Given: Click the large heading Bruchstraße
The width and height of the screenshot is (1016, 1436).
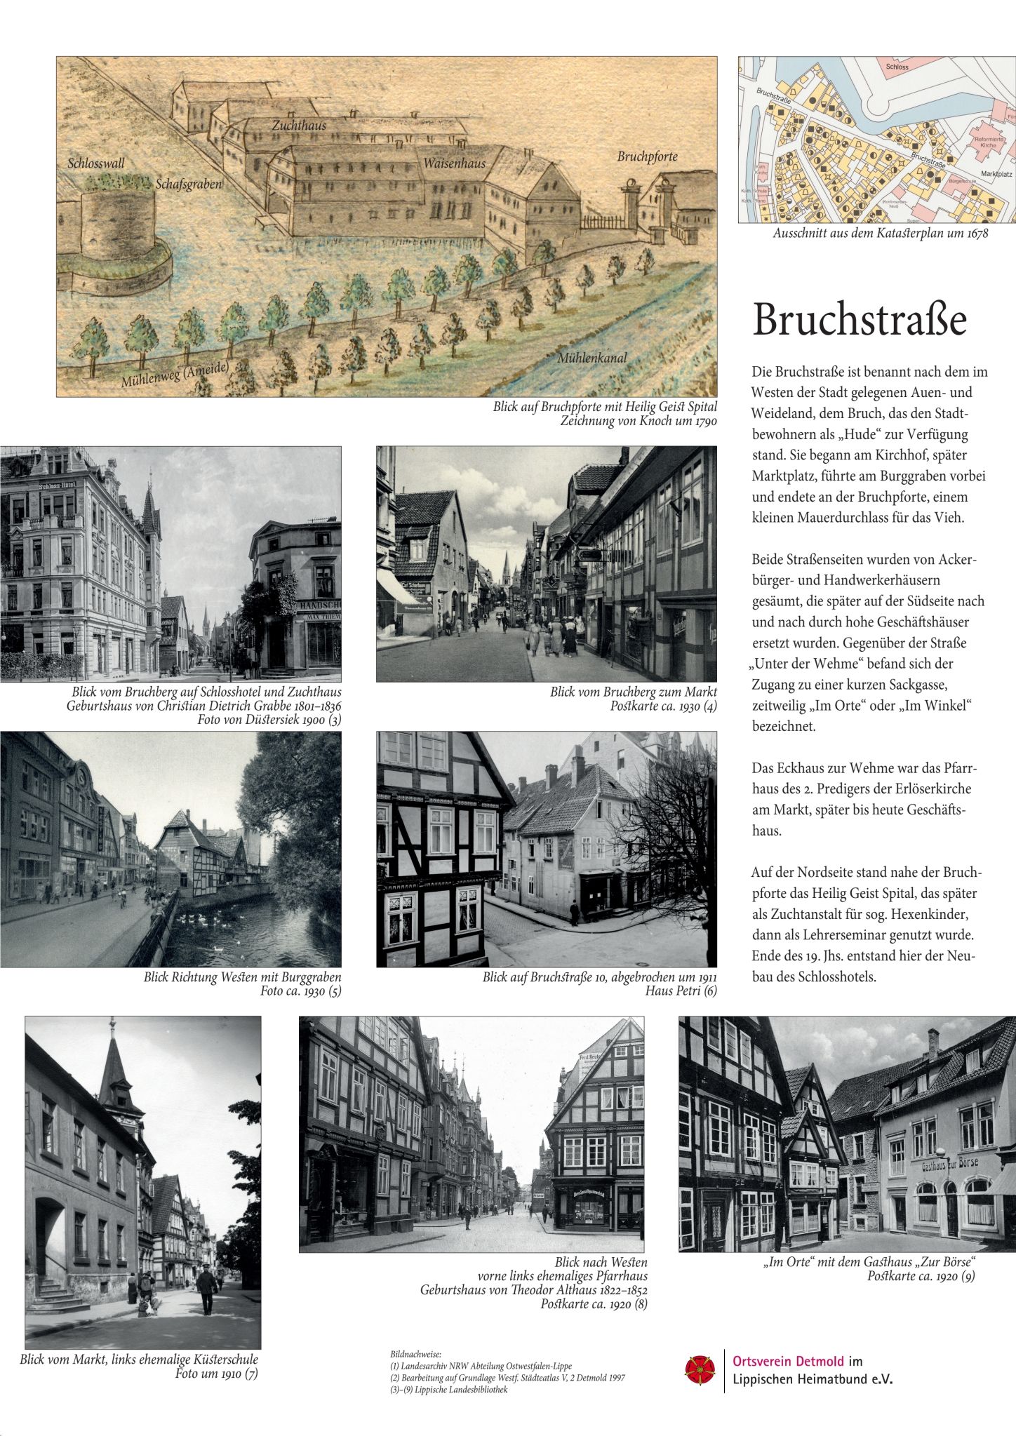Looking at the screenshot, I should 860,320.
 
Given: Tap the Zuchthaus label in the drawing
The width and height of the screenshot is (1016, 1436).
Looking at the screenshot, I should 299,126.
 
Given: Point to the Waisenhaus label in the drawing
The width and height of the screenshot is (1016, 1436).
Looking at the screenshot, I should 454,163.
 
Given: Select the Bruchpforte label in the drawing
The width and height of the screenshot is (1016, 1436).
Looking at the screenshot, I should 647,156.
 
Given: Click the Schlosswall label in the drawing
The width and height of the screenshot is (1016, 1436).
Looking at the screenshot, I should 96,163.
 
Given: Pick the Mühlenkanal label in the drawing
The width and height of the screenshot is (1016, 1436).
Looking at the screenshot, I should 591,358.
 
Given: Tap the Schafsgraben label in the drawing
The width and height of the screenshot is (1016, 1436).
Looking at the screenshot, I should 188,184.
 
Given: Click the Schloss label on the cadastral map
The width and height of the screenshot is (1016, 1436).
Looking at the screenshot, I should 897,67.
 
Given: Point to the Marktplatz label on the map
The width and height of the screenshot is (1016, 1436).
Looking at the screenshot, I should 996,173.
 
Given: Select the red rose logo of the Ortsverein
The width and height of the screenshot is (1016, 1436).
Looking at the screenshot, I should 700,1369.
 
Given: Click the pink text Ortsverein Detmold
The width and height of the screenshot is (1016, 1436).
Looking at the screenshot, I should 788,1361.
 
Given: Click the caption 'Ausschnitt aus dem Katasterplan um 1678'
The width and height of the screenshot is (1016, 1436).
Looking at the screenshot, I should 880,234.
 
